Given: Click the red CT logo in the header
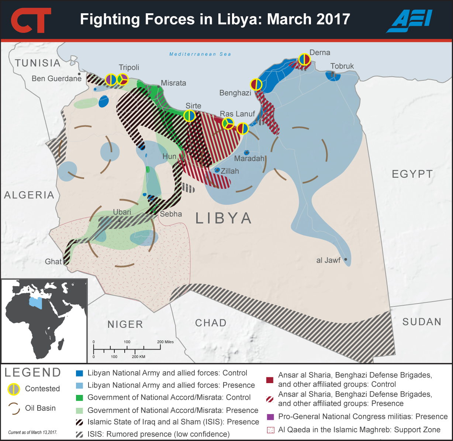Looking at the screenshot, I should point(30,20).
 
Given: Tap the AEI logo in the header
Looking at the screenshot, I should point(409,20).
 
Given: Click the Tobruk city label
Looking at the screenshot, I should point(342,66).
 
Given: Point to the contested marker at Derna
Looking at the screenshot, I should point(304,59).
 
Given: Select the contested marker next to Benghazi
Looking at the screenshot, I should point(256,84).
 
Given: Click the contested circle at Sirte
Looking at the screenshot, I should point(190,116).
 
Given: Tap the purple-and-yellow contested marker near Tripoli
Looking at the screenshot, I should point(111,79).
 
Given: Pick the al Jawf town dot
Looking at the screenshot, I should point(346,260).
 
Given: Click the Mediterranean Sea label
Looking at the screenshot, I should point(200,54).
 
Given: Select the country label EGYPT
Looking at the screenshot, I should point(412,174).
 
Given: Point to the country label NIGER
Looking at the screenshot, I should point(125,324).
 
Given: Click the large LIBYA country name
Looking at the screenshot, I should point(224,218).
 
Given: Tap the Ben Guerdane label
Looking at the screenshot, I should point(56,78).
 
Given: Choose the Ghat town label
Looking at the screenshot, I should point(53,261).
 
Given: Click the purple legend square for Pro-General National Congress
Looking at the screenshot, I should point(270,417).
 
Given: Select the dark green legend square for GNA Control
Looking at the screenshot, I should point(79,397).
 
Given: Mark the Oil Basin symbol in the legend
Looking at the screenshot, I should point(14,408).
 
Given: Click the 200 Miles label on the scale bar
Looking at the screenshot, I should point(165,342).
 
